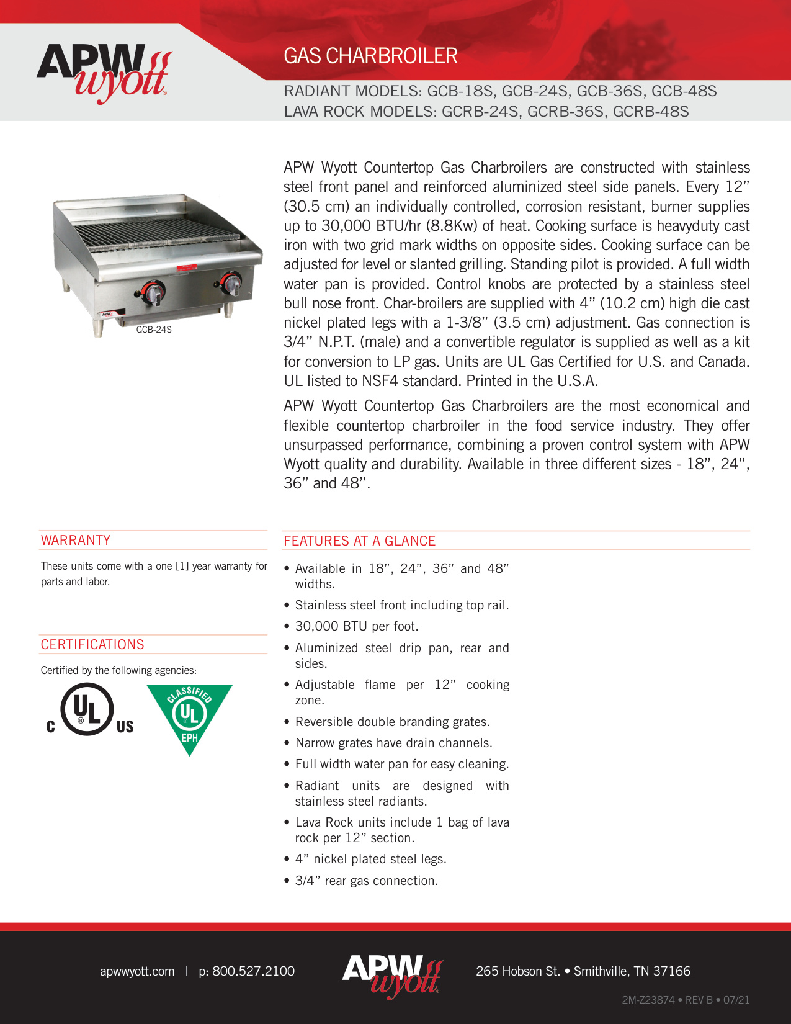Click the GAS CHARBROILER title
tap(370, 56)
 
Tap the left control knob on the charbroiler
tap(153, 292)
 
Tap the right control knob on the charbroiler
tap(231, 284)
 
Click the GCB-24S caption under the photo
tap(154, 330)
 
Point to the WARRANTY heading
tap(76, 541)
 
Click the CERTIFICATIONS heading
tap(92, 645)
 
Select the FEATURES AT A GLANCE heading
tap(359, 541)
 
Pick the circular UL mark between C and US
tap(87, 709)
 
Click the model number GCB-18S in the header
tap(460, 91)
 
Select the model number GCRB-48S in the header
tap(651, 112)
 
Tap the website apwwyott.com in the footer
tap(137, 971)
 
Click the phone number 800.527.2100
tap(253, 971)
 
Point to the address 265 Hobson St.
tap(518, 971)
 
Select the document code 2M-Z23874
tap(648, 1000)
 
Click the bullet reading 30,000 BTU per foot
tap(357, 627)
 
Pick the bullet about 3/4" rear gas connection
tap(366, 881)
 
